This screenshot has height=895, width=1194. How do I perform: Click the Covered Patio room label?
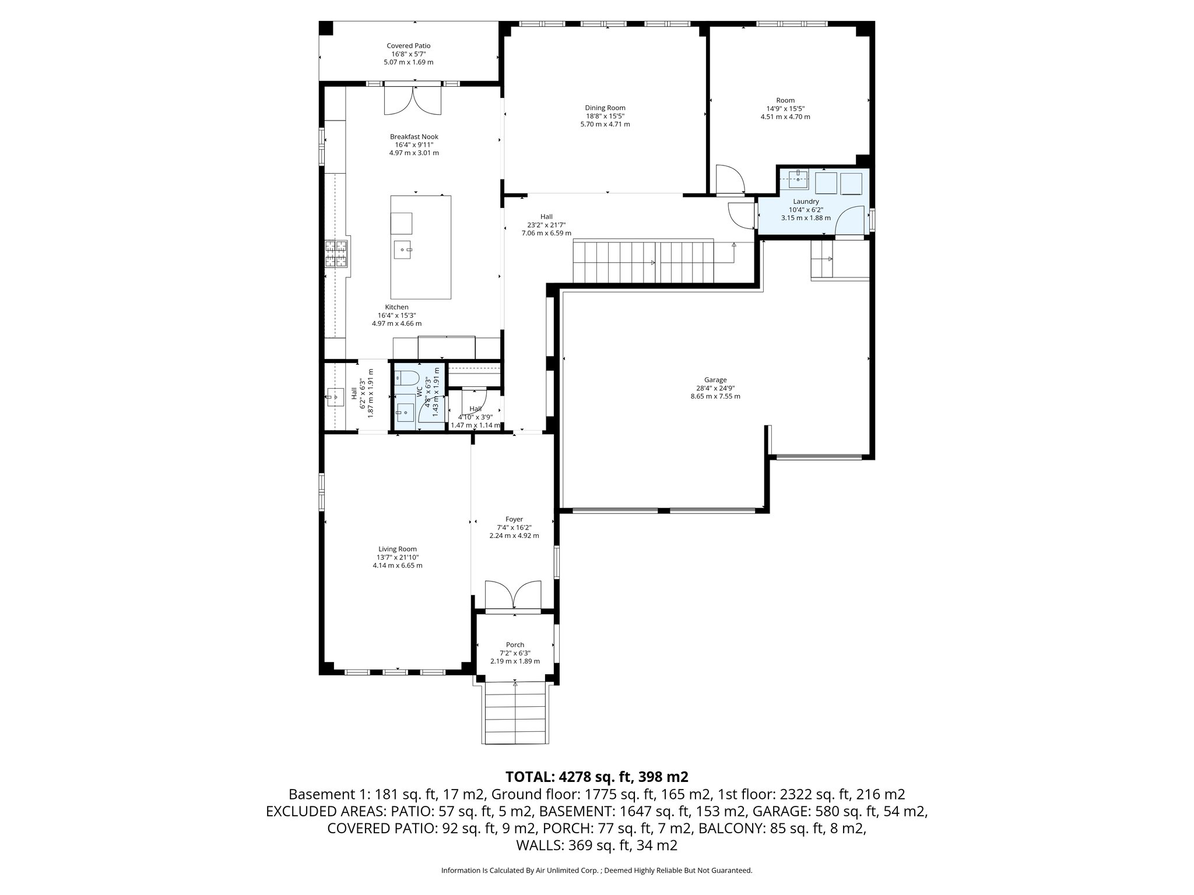point(408,45)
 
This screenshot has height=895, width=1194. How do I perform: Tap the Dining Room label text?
point(605,108)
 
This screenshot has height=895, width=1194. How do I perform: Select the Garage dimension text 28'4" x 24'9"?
point(715,388)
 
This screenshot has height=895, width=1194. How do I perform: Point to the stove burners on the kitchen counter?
point(336,253)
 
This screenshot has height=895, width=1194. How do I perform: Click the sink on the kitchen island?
point(403,249)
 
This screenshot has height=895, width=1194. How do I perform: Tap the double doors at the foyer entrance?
point(514,596)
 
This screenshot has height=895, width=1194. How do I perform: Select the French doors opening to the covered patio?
point(413,100)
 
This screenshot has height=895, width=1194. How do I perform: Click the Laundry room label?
point(806,202)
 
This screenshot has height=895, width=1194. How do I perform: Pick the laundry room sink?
point(798,179)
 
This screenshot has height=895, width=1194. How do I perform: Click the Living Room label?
point(398,549)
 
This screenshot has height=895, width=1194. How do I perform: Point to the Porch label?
point(515,644)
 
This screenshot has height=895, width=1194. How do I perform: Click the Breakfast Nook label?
point(414,137)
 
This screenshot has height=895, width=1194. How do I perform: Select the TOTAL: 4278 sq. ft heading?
point(596,777)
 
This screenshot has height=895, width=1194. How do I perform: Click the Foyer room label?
point(514,519)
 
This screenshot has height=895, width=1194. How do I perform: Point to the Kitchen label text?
point(396,307)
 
